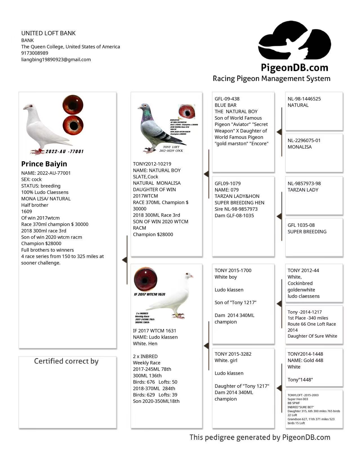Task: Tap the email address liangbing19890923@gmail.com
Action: click(x=56, y=59)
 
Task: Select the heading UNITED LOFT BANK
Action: click(x=48, y=33)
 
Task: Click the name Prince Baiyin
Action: click(x=44, y=164)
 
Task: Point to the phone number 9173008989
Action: click(x=35, y=53)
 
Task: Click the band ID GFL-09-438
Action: click(x=227, y=99)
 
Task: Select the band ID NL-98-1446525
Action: click(x=304, y=99)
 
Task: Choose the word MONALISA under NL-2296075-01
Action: click(x=299, y=147)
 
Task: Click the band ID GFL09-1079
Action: click(x=227, y=183)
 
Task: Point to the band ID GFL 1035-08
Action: click(x=301, y=225)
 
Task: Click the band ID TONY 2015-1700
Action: click(x=233, y=270)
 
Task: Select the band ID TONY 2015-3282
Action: click(x=233, y=354)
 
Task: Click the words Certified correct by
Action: click(x=66, y=361)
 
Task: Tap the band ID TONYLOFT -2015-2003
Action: click(x=303, y=395)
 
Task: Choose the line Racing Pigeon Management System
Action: click(x=271, y=79)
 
